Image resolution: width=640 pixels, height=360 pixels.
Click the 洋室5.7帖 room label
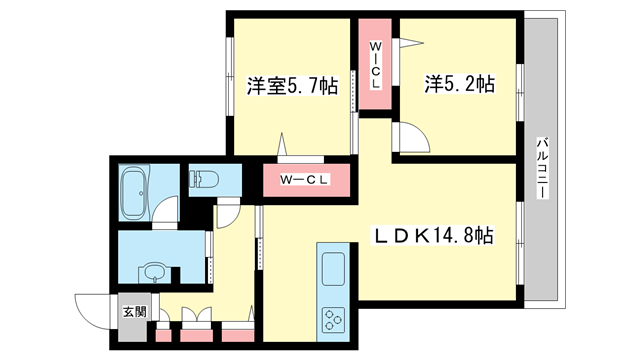[291, 86]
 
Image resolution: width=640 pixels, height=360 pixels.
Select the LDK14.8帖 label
[434, 236]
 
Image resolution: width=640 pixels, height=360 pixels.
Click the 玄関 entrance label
[134, 311]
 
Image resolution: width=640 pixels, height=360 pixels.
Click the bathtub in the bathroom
[132, 193]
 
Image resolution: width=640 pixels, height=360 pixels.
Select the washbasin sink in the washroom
[152, 271]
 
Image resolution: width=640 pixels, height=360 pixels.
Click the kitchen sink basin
[331, 267]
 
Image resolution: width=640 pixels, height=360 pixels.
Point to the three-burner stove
[331, 319]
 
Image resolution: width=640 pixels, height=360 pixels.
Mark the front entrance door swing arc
[92, 308]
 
